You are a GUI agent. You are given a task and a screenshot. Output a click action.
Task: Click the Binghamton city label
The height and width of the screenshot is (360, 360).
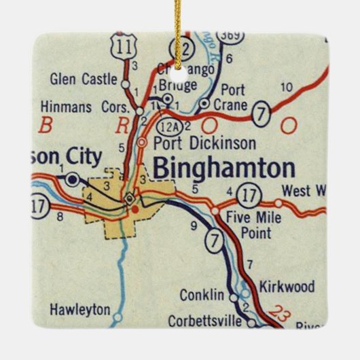point(223,168)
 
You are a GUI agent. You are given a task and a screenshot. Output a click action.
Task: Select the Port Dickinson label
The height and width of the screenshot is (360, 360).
point(204,143)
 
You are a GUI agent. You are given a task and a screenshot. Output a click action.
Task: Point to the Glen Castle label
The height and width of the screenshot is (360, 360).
point(84,79)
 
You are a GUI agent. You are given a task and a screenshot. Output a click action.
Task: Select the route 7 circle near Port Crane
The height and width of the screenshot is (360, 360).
point(261,115)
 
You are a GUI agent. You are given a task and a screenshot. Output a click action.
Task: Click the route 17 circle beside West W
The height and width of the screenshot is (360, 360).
point(251,196)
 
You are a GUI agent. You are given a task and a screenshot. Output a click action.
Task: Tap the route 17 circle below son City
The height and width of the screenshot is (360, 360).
point(39,203)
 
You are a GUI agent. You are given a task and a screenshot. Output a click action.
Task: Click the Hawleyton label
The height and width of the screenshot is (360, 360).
point(79,309)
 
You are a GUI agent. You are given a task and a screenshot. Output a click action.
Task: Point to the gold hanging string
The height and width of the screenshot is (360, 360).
point(179,27)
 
